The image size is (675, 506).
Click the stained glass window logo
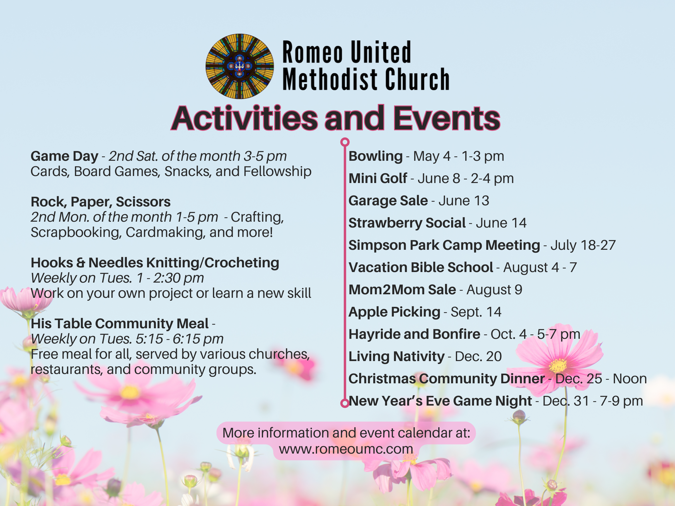240,66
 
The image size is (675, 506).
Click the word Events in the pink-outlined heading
447,118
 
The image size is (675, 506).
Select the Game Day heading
64,156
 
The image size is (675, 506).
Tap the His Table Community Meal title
120,324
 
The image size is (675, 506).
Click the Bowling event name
376,156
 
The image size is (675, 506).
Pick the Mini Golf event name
378,178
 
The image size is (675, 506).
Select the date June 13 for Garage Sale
464,201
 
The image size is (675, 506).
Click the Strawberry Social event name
407,223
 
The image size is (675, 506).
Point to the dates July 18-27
583,245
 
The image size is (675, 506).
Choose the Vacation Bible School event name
421,267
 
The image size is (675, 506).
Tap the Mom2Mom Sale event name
402,290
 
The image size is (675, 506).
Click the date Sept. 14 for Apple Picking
476,312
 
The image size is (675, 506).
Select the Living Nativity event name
396,357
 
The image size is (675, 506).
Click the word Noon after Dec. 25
630,379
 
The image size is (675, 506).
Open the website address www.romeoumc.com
346,449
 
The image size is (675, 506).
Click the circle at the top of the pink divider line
345,142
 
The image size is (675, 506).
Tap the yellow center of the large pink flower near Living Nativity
558,365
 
